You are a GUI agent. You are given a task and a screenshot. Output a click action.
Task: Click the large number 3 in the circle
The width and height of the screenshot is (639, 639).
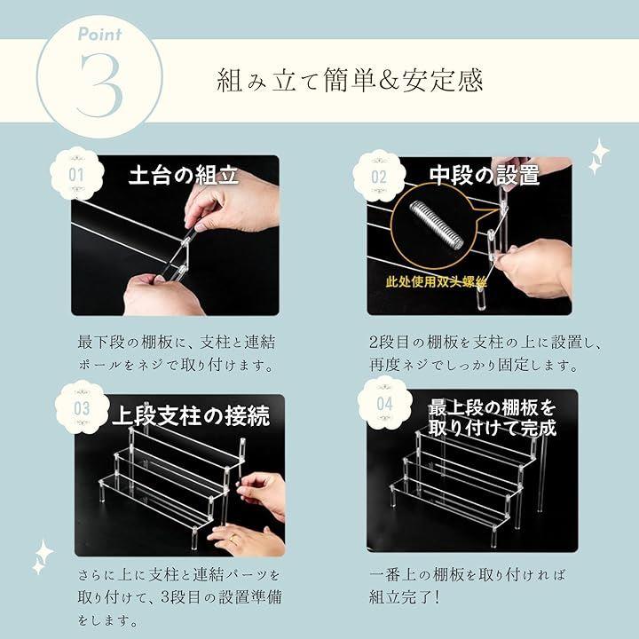[x=99, y=85]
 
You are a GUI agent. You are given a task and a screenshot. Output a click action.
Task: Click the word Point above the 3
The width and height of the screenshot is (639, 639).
[x=99, y=35]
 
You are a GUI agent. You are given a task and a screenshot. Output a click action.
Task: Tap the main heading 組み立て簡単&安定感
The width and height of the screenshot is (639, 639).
[x=350, y=80]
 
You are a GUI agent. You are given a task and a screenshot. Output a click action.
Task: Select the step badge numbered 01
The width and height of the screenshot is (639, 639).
[x=76, y=175]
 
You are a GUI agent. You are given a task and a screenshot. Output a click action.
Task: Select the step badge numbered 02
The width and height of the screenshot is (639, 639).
[x=379, y=177]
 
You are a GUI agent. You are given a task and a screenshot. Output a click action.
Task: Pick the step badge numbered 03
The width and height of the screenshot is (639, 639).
[x=82, y=408]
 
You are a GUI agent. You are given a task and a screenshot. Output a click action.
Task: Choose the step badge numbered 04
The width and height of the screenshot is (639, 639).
[x=384, y=404]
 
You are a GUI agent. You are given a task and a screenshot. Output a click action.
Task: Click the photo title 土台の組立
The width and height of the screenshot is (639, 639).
[x=184, y=176]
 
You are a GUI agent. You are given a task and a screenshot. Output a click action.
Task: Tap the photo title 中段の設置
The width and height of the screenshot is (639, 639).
[x=485, y=176]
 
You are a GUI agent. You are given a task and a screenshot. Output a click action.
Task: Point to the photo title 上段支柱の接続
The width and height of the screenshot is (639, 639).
[x=191, y=416]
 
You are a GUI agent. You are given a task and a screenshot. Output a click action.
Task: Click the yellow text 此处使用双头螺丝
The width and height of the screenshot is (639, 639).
[x=436, y=281]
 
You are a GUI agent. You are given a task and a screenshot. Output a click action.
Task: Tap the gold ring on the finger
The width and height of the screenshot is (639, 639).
[x=233, y=538]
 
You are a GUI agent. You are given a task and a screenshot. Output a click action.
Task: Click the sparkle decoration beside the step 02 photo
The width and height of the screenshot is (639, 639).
[x=598, y=156]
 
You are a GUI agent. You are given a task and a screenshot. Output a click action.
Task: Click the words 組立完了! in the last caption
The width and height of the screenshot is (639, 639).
[x=405, y=597]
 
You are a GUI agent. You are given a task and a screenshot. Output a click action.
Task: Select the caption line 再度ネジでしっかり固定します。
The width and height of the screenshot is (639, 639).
[x=474, y=365]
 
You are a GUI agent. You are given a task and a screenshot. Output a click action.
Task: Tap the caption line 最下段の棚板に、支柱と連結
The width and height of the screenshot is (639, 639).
[x=177, y=342]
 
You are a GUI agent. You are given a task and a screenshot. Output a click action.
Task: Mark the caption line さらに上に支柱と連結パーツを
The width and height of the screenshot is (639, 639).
[x=179, y=574]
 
